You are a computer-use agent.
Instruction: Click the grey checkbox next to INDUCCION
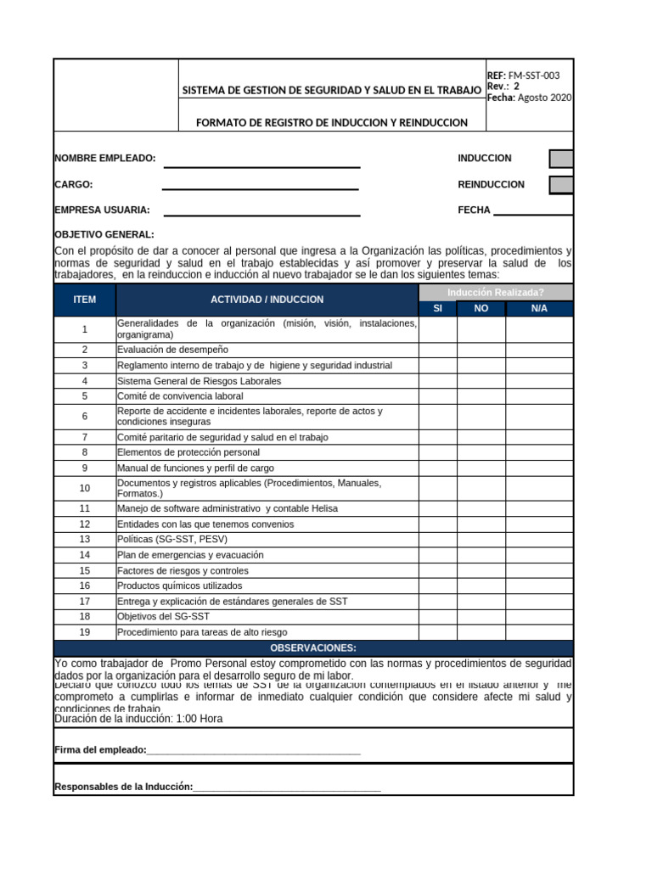[x=560, y=159]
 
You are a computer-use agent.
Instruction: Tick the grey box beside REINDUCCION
[x=560, y=185]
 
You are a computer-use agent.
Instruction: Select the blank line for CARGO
[x=260, y=188]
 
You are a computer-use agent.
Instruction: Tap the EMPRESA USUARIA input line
[x=261, y=215]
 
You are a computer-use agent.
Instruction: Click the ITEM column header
[x=85, y=300]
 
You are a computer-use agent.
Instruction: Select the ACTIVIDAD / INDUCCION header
[x=267, y=300]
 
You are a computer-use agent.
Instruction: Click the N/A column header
[x=539, y=308]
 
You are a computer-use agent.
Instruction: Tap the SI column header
[x=437, y=308]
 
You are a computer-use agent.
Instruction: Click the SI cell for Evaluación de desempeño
[x=437, y=350]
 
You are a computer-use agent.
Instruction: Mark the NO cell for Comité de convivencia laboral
[x=481, y=396]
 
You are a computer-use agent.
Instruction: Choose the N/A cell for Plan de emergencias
[x=539, y=555]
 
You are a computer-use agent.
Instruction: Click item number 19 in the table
[x=85, y=632]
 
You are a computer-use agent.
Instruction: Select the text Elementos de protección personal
[x=188, y=452]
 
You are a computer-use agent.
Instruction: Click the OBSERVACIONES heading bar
[x=313, y=648]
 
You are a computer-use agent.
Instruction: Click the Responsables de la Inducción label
[x=124, y=788]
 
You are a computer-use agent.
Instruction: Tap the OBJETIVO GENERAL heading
[x=104, y=234]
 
